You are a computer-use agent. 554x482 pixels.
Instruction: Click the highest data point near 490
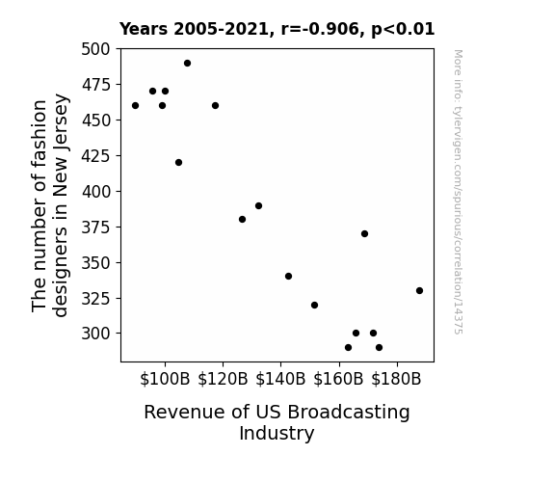(187, 64)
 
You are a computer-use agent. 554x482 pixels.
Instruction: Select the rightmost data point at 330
(419, 291)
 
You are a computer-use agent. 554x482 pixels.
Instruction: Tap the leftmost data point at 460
(135, 106)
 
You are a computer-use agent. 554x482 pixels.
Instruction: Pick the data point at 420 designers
(178, 163)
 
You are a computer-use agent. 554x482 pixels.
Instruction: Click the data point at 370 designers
(364, 233)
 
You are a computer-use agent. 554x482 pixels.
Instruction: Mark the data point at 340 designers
(288, 277)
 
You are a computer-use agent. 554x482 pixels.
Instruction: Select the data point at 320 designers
(314, 306)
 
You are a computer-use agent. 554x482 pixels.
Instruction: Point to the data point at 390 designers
(258, 205)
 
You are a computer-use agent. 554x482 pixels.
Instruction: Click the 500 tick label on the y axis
(95, 49)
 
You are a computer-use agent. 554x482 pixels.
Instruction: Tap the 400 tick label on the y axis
(95, 192)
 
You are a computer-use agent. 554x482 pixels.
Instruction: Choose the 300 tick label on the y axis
(95, 334)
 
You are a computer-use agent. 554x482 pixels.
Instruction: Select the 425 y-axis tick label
(95, 156)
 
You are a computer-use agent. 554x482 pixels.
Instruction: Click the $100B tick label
(165, 379)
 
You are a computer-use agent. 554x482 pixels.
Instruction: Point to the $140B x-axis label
(280, 379)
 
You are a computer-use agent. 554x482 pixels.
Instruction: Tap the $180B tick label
(396, 379)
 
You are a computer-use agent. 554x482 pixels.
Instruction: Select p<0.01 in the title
(403, 30)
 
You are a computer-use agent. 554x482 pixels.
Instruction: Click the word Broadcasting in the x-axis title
(348, 413)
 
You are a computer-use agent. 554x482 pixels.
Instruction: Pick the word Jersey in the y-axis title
(60, 120)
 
